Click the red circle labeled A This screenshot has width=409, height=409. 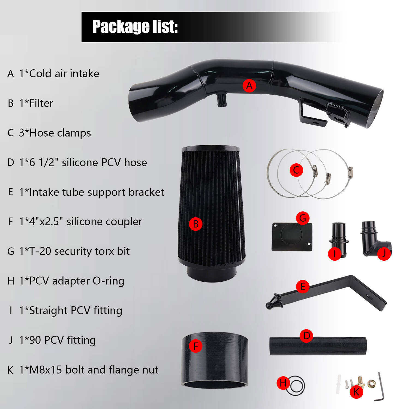click(249, 86)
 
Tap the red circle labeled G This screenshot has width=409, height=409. click(303, 218)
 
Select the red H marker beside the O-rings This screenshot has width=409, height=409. click(283, 383)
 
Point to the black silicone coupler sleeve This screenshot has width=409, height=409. click(215, 360)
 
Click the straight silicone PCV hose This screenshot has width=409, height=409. click(318, 346)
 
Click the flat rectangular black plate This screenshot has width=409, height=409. click(292, 237)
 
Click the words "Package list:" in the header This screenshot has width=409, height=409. click(135, 27)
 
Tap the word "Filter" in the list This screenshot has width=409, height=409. click(41, 103)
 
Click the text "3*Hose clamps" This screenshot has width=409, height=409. click(55, 133)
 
